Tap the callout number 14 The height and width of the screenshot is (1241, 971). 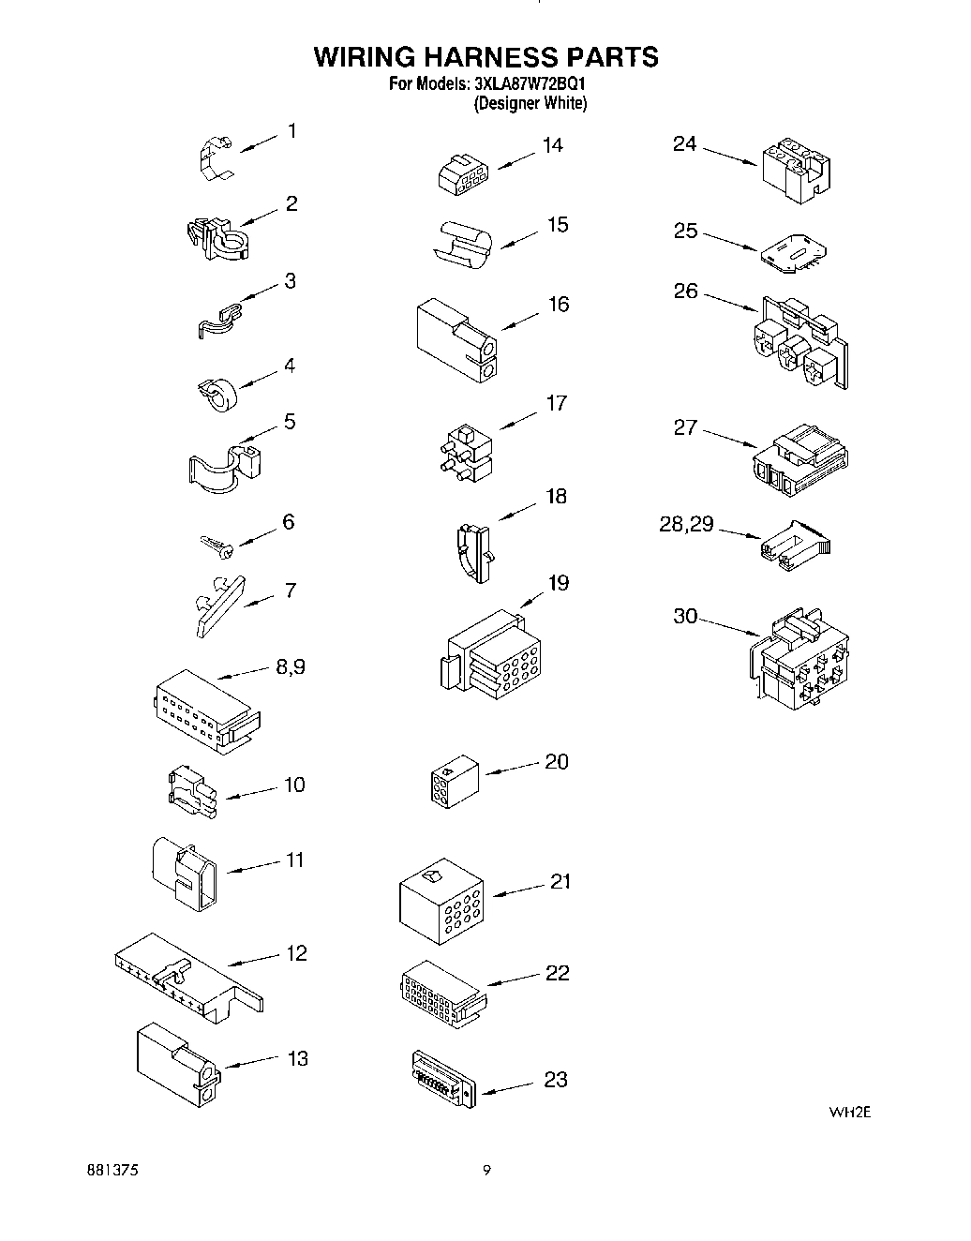552,145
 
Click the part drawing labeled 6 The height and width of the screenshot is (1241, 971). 217,546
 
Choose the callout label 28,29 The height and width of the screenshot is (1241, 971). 686,525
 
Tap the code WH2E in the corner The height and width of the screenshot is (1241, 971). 850,1113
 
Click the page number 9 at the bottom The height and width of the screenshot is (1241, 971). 485,1170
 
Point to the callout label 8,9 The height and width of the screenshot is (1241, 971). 290,667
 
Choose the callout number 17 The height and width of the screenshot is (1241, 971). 557,403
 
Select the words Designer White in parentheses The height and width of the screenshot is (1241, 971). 530,104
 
